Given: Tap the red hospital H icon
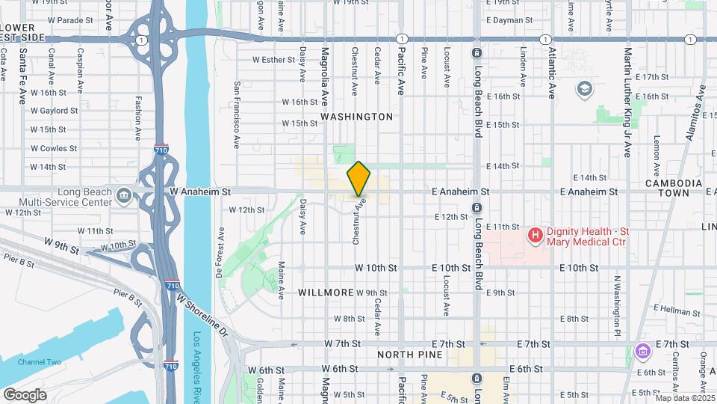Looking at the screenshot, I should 535,236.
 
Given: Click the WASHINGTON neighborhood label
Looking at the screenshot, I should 356,117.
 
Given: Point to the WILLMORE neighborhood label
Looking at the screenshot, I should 326,292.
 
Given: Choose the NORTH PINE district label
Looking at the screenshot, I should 406,354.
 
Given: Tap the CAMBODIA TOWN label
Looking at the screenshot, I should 674,188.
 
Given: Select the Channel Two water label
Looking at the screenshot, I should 40,362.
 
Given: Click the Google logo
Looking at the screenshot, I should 24,394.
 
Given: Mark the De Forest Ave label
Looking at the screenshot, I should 220,252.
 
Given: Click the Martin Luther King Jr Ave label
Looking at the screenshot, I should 628,102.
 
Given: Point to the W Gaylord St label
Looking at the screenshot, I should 54,110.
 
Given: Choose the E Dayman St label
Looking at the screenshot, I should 509,20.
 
